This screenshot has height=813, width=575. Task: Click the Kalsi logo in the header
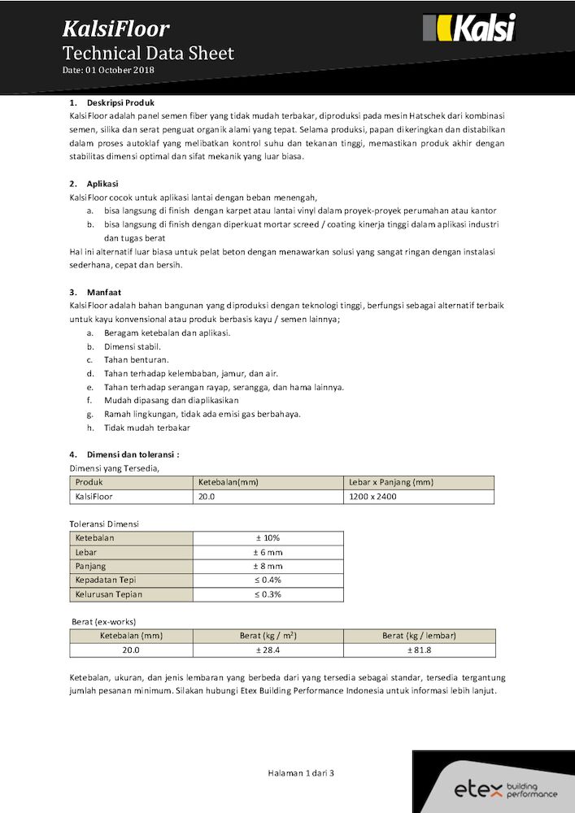point(469,28)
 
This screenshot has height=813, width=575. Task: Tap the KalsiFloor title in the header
point(116,29)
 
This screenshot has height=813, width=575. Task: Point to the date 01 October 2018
point(108,70)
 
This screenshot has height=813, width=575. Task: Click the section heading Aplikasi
point(102,184)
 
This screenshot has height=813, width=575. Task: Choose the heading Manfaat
point(104,291)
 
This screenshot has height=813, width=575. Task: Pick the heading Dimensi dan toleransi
point(133,454)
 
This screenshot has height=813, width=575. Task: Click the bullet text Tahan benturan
point(136,359)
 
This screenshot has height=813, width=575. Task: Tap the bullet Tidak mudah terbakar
point(146,428)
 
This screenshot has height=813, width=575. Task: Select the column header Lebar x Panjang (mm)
point(390,482)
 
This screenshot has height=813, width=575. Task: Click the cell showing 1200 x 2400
point(372,496)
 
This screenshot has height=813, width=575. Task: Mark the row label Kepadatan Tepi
point(105,580)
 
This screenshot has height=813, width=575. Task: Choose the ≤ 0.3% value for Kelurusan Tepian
point(268,594)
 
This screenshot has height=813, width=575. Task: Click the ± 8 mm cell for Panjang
point(268,566)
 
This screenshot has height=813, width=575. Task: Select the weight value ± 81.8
point(419,650)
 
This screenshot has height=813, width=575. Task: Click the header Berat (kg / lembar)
point(419,636)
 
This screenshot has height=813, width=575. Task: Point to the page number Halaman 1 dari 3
point(301,773)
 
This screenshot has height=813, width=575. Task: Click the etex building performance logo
point(505,789)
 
